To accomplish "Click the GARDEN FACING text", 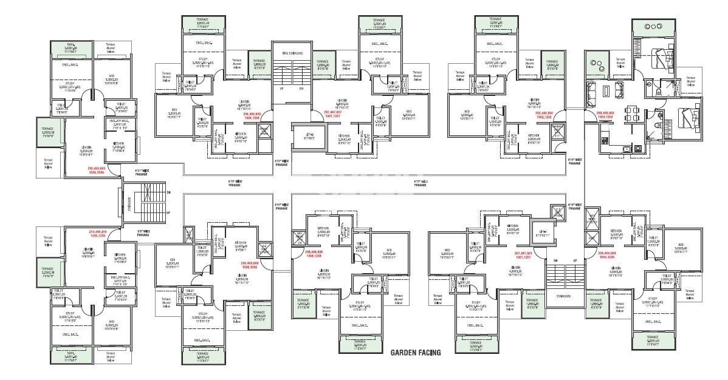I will [415, 351].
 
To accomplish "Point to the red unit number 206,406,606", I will [250, 115].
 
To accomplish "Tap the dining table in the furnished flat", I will [633, 113].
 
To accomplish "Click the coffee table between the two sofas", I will [608, 92].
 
